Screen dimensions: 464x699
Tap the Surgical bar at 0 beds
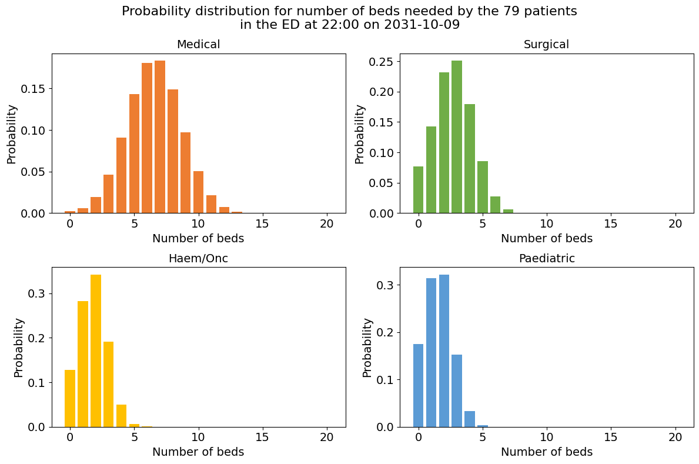[x=418, y=190]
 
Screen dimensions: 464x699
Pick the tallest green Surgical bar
[x=457, y=137]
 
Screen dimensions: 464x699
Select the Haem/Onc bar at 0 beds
[x=70, y=398]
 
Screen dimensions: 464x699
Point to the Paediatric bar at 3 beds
[x=457, y=390]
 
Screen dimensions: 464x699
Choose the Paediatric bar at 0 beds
[x=418, y=385]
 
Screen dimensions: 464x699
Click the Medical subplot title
[x=198, y=45]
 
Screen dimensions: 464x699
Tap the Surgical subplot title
[x=546, y=45]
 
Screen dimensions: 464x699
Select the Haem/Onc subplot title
[x=198, y=259]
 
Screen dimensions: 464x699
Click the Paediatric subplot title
[x=546, y=259]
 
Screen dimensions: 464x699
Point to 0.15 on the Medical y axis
[x=33, y=89]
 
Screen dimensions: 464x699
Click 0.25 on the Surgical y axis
[x=381, y=62]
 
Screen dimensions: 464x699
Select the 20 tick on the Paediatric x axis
[x=675, y=438]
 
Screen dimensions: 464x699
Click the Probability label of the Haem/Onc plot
[x=19, y=347]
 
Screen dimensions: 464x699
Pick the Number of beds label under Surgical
[x=546, y=239]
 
